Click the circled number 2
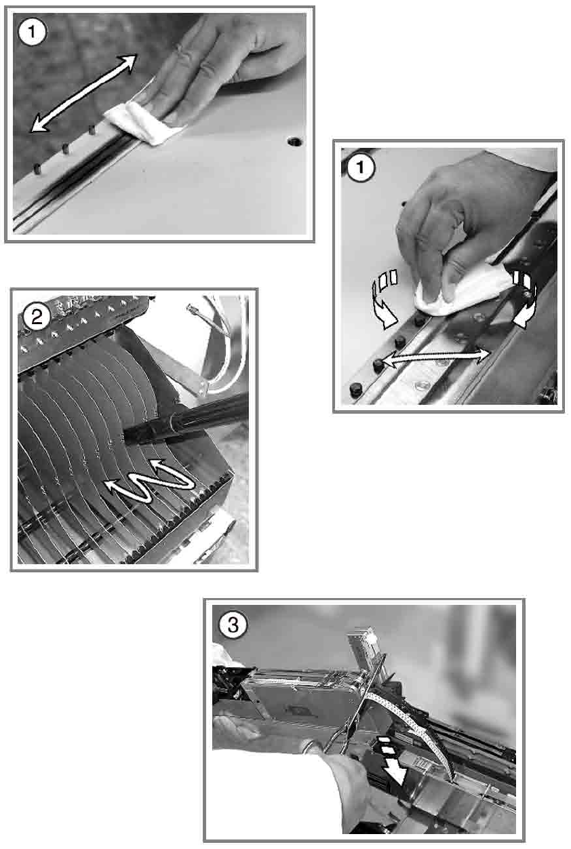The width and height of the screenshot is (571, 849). pyautogui.click(x=37, y=316)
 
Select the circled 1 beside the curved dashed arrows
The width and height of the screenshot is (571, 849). pyautogui.click(x=361, y=167)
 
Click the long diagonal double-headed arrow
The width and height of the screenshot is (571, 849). pyautogui.click(x=83, y=93)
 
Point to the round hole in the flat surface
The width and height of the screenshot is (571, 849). pyautogui.click(x=294, y=142)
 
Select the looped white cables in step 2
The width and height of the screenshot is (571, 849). pyautogui.click(x=220, y=349)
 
